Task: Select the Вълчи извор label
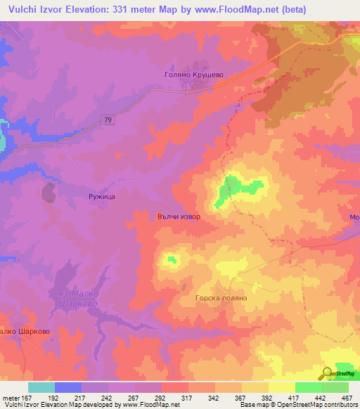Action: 179,216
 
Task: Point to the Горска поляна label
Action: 221,297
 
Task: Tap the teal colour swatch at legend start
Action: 41,387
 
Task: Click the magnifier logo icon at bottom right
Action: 328,374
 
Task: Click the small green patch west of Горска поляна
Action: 171,261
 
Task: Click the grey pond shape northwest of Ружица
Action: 49,192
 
